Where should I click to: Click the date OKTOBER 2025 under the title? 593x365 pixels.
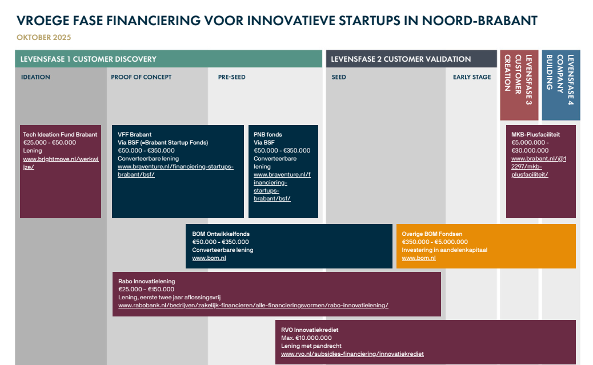pos(44,38)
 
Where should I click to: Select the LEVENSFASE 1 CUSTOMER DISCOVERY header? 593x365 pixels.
pos(88,59)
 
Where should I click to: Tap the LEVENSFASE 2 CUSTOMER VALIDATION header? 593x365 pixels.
pos(400,59)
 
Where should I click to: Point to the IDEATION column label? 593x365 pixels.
pos(35,77)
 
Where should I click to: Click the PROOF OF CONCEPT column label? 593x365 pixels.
pos(141,77)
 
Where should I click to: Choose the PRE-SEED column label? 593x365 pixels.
pos(231,77)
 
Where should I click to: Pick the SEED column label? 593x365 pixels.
pos(339,77)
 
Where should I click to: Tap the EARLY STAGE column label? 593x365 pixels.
pos(472,77)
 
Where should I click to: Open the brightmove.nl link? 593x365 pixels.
pos(61,163)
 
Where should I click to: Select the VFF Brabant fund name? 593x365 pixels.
pos(134,135)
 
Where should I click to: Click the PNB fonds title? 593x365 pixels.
pos(268,135)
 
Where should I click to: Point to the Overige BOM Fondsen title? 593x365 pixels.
pos(432,234)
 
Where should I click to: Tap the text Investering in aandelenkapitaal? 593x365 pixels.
pos(444,250)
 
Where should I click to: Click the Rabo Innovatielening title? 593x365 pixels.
pos(146,282)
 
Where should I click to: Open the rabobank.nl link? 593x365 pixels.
pos(253,306)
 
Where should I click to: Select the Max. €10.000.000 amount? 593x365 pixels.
pos(306,338)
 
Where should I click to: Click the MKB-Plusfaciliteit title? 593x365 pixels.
pos(535,135)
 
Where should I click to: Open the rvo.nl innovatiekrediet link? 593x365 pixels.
pos(352,354)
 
